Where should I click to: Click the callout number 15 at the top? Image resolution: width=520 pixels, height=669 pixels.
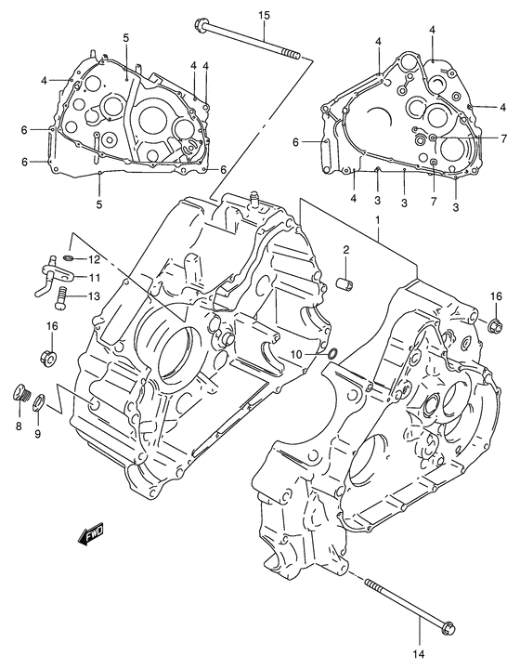click(263, 16)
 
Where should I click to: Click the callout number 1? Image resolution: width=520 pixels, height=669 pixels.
click(378, 219)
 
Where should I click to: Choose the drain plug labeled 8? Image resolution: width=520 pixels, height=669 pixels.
click(21, 394)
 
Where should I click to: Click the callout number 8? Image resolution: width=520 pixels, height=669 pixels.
click(19, 426)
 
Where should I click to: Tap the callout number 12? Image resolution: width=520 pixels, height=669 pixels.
click(95, 259)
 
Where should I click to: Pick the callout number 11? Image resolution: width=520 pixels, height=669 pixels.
click(95, 277)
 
